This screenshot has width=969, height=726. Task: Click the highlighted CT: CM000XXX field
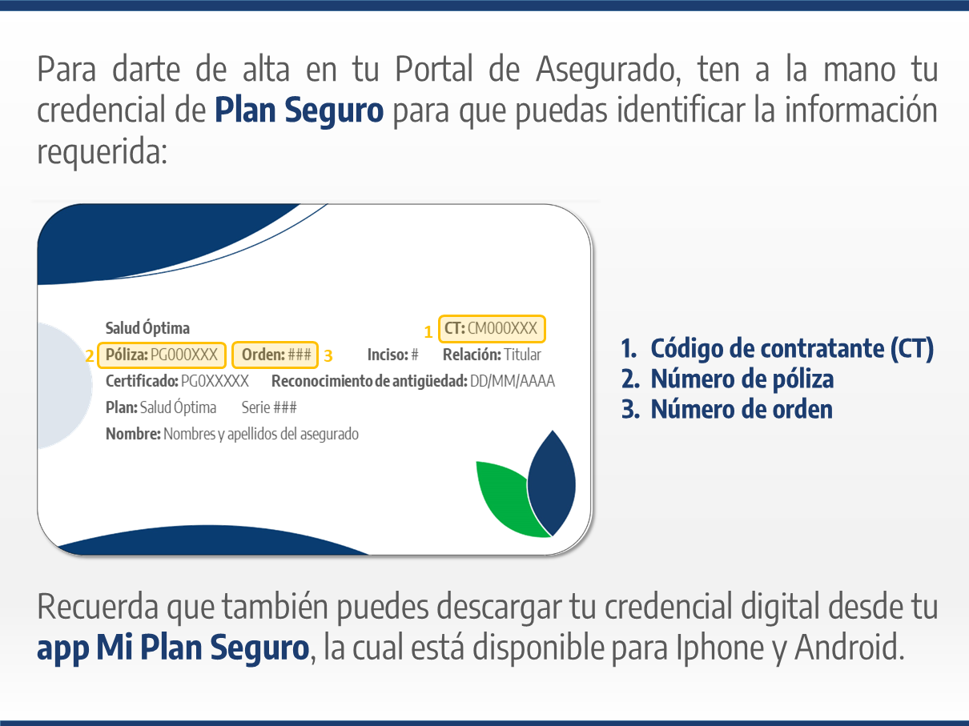[x=492, y=329]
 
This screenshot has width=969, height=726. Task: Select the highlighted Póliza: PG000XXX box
[x=162, y=355]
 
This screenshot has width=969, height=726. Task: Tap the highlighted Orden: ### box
[x=275, y=355]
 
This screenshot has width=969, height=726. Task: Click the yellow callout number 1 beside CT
[x=428, y=331]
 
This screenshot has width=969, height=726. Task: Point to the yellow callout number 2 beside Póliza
[x=90, y=355]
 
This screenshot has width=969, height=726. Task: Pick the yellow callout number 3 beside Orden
[x=328, y=355]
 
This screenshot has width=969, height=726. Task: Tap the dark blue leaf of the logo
[x=552, y=483]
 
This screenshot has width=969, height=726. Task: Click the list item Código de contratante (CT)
[x=777, y=349]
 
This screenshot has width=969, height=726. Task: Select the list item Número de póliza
[x=727, y=379]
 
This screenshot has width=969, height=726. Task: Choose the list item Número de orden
[x=726, y=409]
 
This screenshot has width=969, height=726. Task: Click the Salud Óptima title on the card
[x=147, y=328]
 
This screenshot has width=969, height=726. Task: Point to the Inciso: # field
[x=392, y=355]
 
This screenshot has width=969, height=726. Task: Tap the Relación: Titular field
[x=492, y=355]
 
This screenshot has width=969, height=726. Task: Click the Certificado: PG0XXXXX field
[x=177, y=381]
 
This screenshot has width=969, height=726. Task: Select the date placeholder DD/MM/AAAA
[x=512, y=381]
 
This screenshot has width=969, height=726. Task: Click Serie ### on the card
[x=269, y=407]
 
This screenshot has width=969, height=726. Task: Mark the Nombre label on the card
[x=133, y=434]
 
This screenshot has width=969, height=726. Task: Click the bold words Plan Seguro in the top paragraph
[x=299, y=110]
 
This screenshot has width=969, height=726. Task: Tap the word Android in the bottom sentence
[x=850, y=647]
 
